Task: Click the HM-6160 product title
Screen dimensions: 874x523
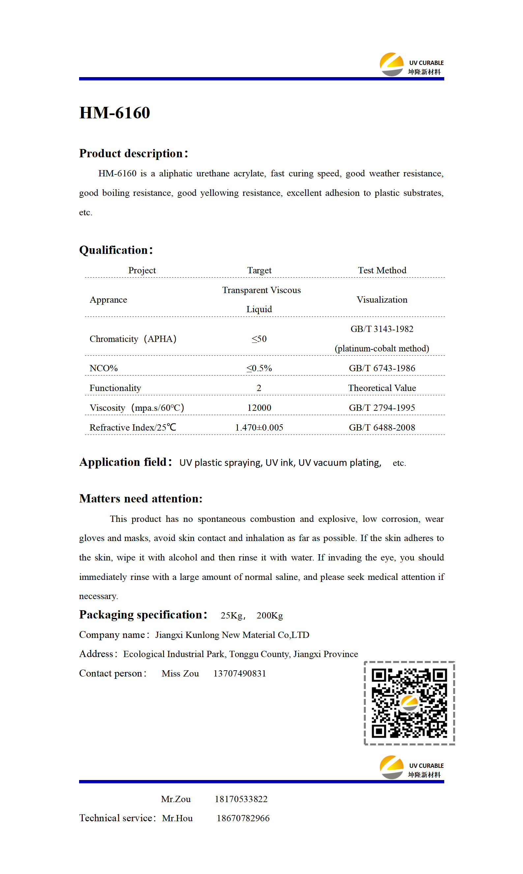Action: (115, 113)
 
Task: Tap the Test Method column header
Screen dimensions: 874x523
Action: (382, 270)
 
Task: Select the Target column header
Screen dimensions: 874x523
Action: (259, 270)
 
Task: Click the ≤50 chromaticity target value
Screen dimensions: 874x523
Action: (259, 339)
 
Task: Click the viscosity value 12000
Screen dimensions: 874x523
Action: (259, 407)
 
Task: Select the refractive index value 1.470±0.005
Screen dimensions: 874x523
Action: (259, 427)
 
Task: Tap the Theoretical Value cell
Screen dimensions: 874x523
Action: (382, 388)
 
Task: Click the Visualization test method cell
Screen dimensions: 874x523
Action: (382, 300)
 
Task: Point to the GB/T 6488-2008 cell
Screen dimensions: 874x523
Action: (382, 427)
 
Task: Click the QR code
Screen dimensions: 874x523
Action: (409, 703)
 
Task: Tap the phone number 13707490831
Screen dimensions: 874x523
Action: (240, 674)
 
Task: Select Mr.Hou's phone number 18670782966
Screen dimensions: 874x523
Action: (243, 818)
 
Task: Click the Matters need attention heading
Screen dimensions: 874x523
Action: (141, 498)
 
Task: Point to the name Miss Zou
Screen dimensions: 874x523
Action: (180, 674)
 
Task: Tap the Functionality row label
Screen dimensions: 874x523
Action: (115, 388)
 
